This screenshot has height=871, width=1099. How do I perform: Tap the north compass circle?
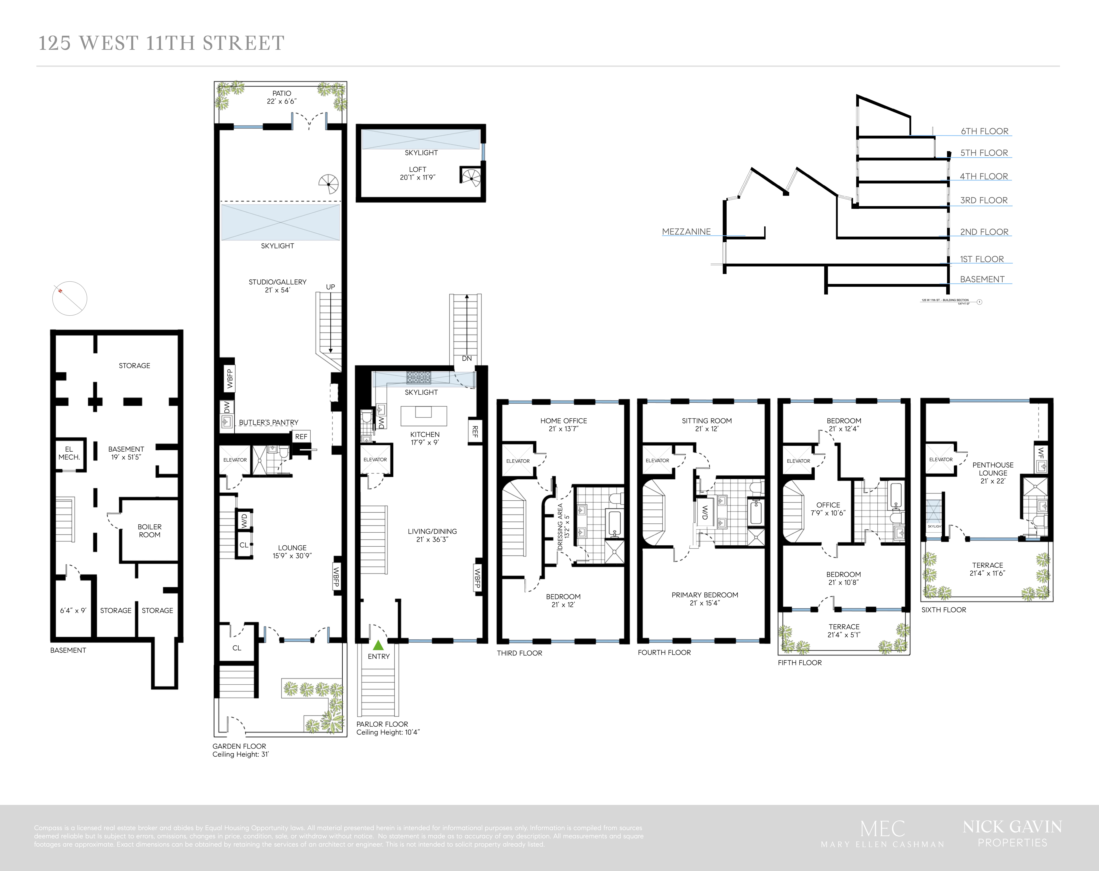point(70,298)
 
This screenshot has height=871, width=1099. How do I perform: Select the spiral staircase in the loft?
point(471,176)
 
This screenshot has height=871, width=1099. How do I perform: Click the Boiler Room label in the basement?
point(149,531)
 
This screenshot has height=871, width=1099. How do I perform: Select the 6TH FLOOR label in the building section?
point(984,131)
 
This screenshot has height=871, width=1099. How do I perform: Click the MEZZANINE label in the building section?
point(686,231)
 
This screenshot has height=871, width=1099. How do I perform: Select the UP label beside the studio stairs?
point(330,287)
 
